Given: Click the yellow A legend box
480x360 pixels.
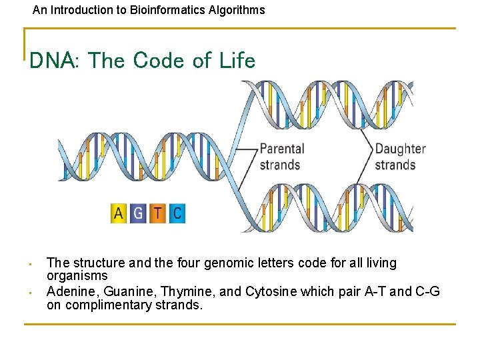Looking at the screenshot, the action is coord(119,213).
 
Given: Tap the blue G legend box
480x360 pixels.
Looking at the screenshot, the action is coord(138,213).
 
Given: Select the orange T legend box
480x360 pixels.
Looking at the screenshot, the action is coord(157,213).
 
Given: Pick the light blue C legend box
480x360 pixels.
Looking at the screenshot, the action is coord(176,213).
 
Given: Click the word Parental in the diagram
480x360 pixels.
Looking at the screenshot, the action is coord(281,149).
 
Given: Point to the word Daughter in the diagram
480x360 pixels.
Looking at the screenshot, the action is coord(400,149).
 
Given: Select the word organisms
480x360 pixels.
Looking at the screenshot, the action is coord(77,275).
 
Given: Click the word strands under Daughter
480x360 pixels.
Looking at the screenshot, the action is coord(395,165).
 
